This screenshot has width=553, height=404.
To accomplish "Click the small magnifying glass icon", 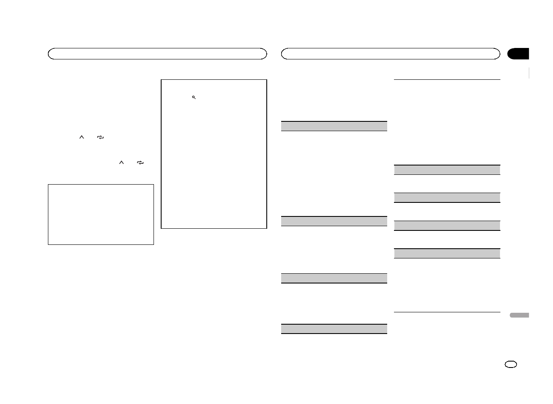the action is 193,98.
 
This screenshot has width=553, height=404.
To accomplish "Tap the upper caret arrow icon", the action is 82,137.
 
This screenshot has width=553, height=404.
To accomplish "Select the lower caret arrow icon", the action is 121,162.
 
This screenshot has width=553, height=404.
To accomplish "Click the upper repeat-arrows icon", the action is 100,137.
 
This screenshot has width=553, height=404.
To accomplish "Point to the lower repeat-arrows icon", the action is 140,162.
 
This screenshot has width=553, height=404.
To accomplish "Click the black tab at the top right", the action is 518,54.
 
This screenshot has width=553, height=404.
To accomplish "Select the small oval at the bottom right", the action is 511,365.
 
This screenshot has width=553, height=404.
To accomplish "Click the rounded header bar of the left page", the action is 157,54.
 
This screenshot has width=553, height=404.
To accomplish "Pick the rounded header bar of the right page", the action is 391,54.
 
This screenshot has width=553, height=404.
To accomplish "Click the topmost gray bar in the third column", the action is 334,126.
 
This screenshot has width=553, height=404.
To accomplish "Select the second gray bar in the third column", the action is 334,221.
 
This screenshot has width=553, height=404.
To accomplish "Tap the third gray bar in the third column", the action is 334,278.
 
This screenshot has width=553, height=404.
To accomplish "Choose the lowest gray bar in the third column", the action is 334,329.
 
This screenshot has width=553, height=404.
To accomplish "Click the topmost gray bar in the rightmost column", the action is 447,170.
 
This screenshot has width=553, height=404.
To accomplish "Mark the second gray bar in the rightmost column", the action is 447,197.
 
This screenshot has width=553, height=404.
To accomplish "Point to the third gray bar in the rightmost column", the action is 447,225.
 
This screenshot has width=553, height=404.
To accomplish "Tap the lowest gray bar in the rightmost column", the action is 447,253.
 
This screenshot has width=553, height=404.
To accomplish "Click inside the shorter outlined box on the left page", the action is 101,214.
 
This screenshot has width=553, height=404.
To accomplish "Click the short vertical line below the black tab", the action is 529,73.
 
